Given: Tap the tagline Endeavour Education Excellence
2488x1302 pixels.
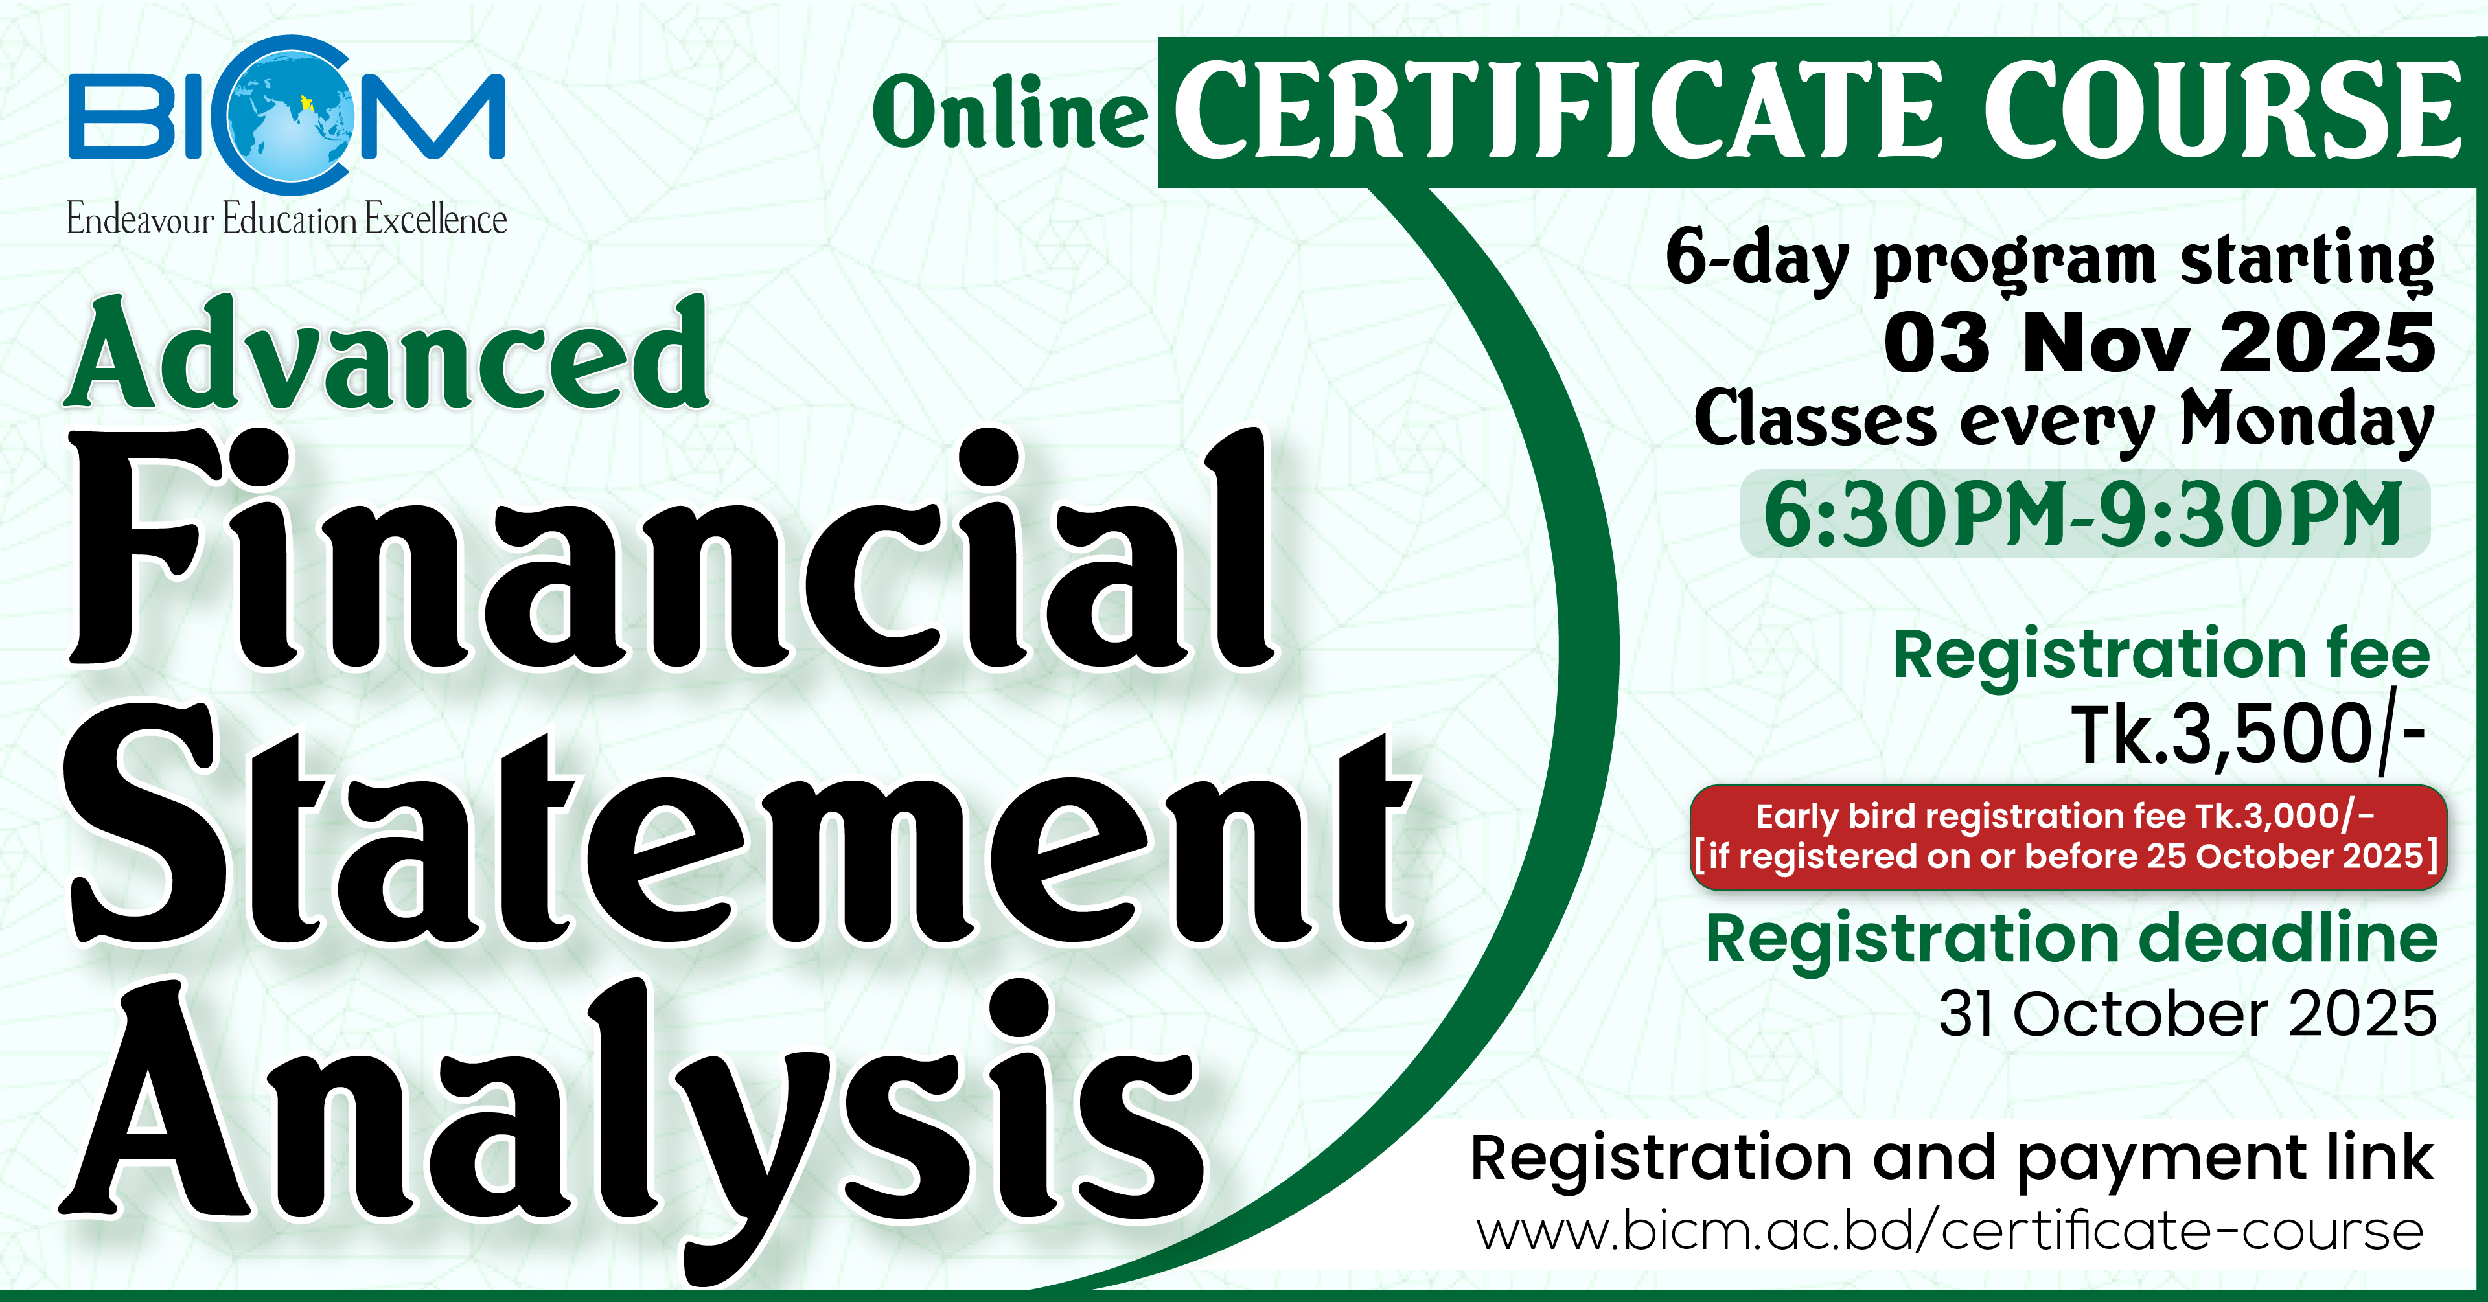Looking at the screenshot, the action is [287, 219].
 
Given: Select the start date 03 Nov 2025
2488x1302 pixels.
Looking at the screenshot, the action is [2160, 343].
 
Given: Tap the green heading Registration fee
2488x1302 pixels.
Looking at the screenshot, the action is [2161, 655].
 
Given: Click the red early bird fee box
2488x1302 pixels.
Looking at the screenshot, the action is [2068, 836].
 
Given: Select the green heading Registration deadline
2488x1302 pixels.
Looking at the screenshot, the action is [2072, 940].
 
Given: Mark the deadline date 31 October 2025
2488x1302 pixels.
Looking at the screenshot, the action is [2187, 1014].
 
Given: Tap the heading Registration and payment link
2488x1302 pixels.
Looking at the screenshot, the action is [1951, 1159].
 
